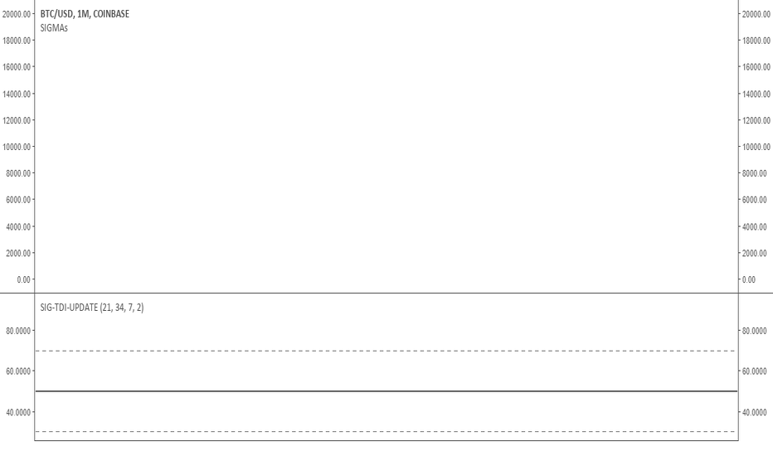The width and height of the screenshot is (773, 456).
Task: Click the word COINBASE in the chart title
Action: pos(111,14)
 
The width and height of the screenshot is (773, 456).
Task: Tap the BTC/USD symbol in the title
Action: pos(56,14)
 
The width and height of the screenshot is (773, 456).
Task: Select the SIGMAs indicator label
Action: pos(54,28)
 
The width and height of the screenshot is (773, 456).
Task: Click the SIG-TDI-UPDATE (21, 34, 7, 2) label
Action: pos(92,308)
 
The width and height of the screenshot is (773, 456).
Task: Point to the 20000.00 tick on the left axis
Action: pos(17,14)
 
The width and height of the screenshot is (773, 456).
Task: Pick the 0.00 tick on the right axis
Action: pos(749,279)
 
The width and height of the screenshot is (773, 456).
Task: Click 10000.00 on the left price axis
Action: pos(17,147)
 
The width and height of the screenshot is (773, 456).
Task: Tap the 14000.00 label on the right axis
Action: pos(756,94)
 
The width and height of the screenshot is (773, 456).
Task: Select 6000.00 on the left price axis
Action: pos(18,200)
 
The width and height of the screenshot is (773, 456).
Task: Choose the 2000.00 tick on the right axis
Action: pos(754,253)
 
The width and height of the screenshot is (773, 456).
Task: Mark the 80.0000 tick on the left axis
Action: pos(18,331)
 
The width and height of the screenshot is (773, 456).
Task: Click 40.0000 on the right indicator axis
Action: pos(754,412)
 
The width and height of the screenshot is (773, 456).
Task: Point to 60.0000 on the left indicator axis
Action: pos(18,371)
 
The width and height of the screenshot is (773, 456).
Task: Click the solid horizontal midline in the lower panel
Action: pos(386,391)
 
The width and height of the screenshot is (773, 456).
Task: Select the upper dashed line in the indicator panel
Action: pos(385,351)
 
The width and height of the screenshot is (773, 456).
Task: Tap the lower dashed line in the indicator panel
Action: pos(385,432)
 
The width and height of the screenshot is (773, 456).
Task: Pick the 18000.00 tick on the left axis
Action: pos(17,41)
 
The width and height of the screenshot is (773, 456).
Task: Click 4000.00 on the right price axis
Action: pos(754,227)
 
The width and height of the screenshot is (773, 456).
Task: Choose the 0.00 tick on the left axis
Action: pos(24,279)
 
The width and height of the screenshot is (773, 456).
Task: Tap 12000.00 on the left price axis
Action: pos(17,120)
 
